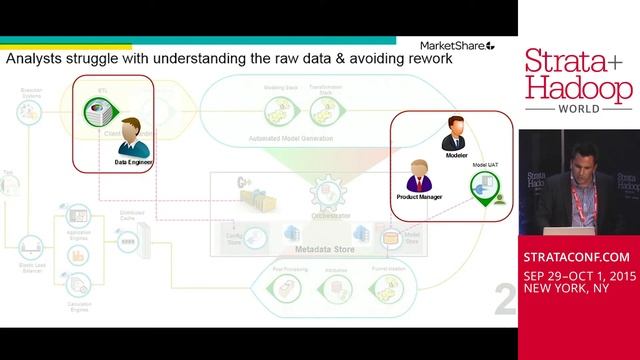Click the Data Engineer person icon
(x=125, y=134)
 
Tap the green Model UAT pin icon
(x=485, y=189)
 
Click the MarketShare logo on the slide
(x=454, y=45)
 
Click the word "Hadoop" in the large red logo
(x=579, y=88)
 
